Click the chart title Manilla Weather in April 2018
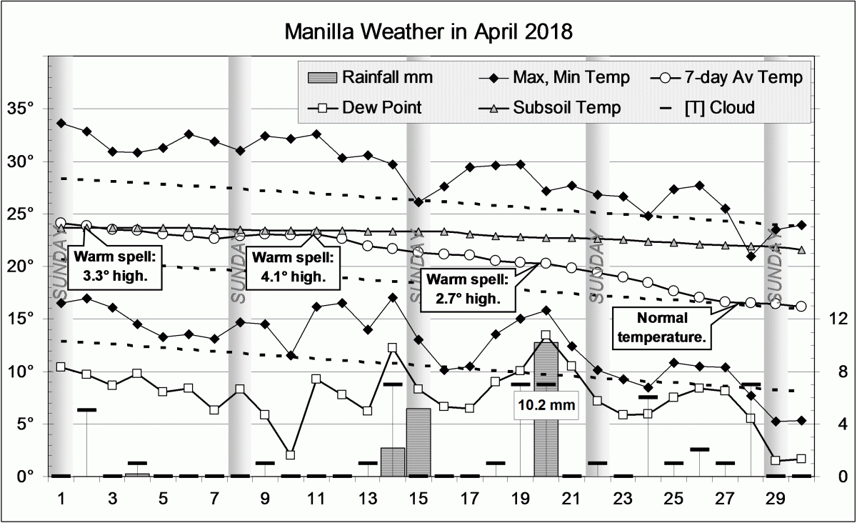(428, 32)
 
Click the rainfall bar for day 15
(419, 442)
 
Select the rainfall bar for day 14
(392, 462)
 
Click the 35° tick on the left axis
(26, 109)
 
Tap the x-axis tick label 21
(571, 497)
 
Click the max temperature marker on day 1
(61, 123)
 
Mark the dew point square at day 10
(291, 454)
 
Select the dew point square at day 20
(546, 335)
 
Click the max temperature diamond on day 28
(751, 256)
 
